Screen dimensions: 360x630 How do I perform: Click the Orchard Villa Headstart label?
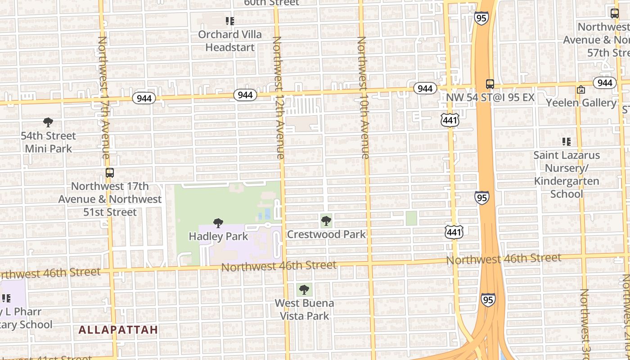coord(230,41)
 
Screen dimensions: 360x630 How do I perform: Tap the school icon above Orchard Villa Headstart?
coord(230,21)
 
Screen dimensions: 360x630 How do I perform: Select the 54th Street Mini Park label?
coord(48,142)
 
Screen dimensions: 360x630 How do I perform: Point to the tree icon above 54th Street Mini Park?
coord(48,122)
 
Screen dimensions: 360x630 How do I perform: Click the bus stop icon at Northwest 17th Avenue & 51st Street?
coord(109,173)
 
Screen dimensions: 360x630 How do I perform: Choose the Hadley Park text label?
coord(218,236)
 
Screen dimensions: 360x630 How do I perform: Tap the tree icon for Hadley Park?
coord(218,223)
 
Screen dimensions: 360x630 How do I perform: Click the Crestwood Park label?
coord(326,234)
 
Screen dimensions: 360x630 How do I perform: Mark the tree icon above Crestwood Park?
coord(326,221)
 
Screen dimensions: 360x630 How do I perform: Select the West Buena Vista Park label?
coord(305,310)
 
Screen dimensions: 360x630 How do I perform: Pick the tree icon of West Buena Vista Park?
coord(304,289)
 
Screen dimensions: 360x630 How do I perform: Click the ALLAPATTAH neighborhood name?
coord(118,330)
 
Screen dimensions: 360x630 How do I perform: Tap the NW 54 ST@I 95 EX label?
coord(490,98)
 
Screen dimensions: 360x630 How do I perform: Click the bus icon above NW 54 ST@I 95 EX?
coord(490,84)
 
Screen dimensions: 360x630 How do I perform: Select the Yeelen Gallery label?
coord(581,103)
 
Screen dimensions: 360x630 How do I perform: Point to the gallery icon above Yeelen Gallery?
coord(581,90)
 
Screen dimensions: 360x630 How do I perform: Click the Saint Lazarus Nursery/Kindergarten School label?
coord(567,175)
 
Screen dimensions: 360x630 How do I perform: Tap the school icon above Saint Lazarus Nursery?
coord(567,142)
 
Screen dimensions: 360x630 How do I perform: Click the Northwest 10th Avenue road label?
coord(363,98)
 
